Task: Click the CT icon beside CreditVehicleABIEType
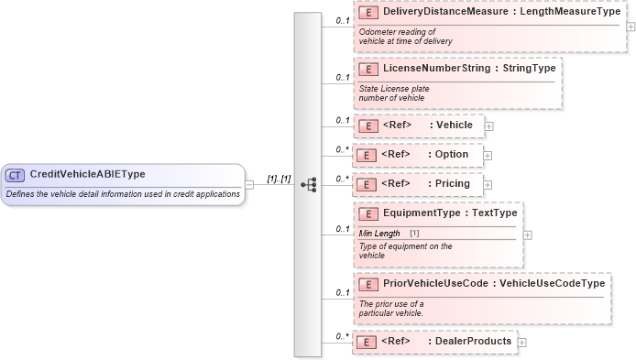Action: coord(16,175)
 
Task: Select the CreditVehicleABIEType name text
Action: coord(87,175)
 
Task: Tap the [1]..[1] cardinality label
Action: coord(279,180)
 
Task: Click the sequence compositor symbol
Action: coord(308,184)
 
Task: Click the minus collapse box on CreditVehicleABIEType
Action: coord(249,184)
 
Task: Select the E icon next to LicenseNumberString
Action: coord(368,69)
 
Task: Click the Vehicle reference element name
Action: coord(455,125)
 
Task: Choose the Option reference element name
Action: coord(452,154)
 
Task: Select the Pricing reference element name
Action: coord(453,183)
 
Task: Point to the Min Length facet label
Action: coord(379,234)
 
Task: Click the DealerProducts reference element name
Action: coord(472,342)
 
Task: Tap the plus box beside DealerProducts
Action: coord(522,343)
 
